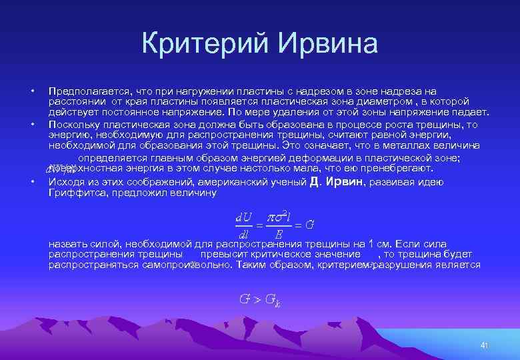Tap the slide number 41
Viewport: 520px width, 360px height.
tap(485, 345)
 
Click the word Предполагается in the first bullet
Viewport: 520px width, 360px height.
tap(87, 91)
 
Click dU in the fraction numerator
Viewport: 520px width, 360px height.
tap(243, 217)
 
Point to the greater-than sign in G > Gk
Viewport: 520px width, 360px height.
tap(255, 299)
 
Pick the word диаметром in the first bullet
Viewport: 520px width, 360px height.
tap(379, 102)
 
